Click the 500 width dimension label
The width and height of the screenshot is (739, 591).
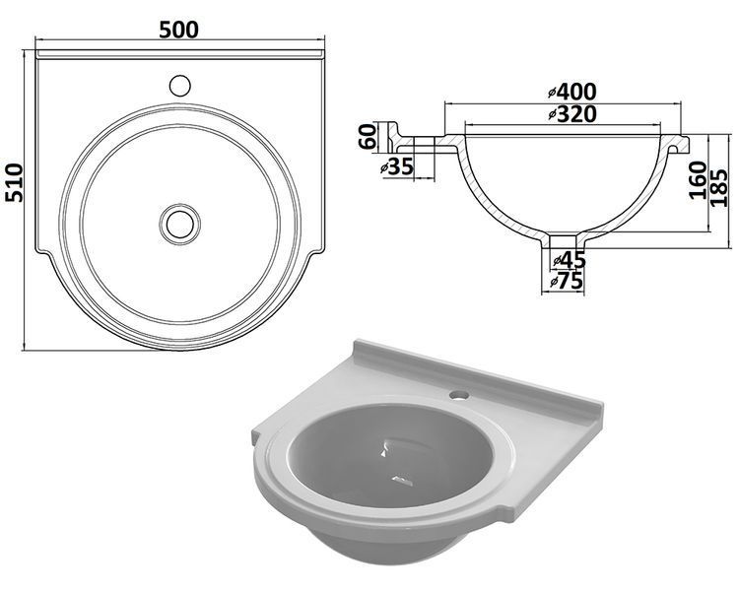[178, 31]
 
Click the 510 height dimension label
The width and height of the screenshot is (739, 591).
[14, 182]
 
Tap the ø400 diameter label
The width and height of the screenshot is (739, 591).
[572, 92]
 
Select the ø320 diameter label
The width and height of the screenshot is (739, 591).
[572, 114]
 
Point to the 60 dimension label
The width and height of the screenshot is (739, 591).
[368, 136]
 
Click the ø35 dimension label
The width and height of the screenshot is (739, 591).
[397, 166]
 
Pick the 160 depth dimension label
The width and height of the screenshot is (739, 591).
[698, 180]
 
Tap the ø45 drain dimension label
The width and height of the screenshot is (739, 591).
[569, 260]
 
